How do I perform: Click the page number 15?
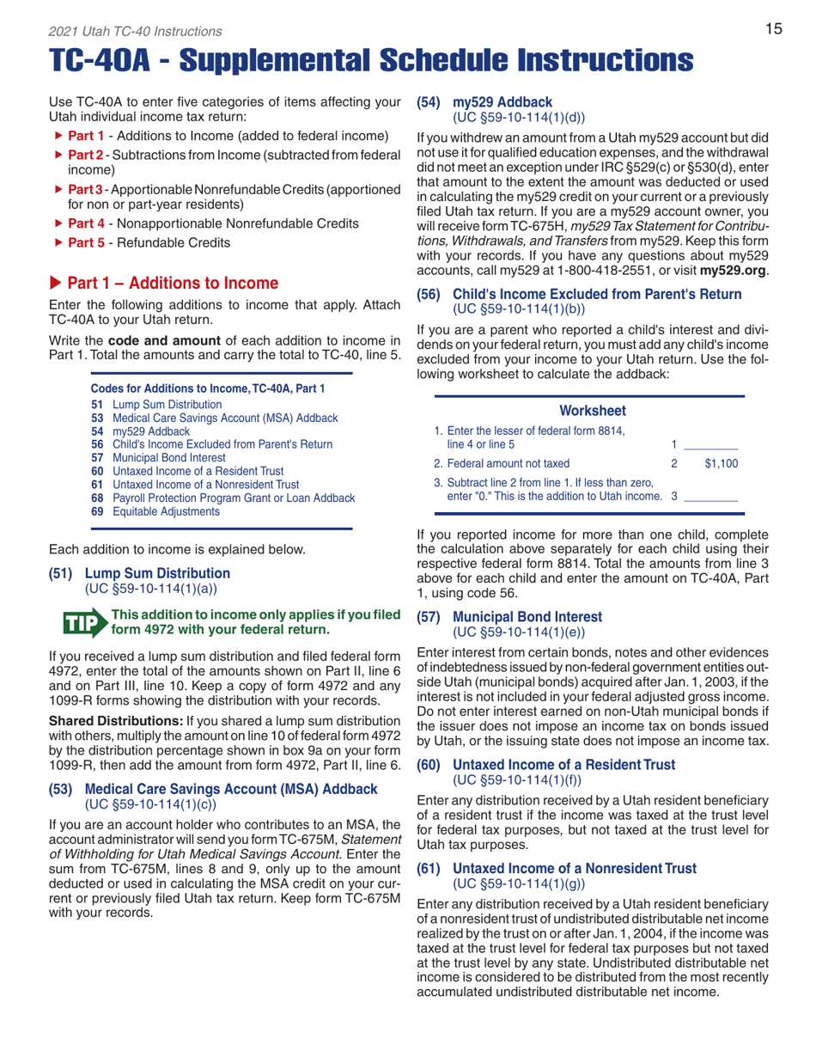(x=773, y=29)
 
